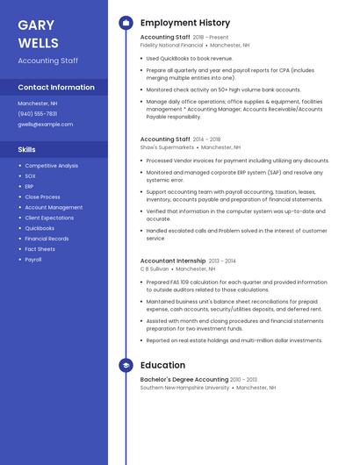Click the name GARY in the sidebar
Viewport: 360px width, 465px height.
coord(36,25)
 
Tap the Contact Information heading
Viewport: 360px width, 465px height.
coord(56,88)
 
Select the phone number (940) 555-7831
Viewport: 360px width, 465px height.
coord(38,114)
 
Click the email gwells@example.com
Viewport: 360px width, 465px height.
coord(46,125)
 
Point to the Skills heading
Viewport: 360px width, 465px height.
coord(26,149)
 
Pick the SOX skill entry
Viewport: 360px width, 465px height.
coord(30,176)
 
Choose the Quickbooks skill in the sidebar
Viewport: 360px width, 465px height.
coord(40,228)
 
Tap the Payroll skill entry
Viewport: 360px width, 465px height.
coord(33,260)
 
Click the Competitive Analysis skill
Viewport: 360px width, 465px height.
coord(51,166)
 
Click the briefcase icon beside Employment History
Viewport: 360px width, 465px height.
coord(126,23)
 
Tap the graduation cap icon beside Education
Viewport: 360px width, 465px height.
coord(126,365)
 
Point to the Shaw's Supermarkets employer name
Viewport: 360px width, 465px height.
coord(167,147)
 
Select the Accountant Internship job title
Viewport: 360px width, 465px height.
coord(173,261)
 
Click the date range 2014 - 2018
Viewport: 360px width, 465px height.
coord(207,139)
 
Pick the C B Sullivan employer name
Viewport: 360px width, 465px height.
coord(155,269)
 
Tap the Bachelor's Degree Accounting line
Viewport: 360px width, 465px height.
coord(184,379)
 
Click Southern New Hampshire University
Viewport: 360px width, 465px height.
coord(184,387)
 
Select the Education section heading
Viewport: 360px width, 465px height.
coord(162,365)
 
